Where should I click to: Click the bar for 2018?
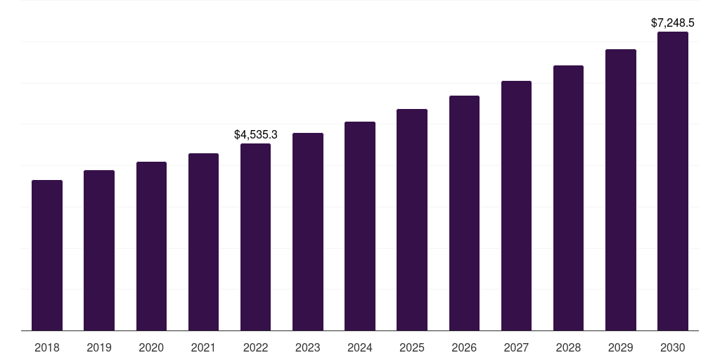pyautogui.click(x=47, y=255)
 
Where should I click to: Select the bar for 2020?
pyautogui.click(x=151, y=246)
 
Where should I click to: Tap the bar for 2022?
pyautogui.click(x=255, y=237)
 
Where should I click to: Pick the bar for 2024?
pyautogui.click(x=360, y=226)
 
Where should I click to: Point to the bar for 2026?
pyautogui.click(x=464, y=213)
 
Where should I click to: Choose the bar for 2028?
pyautogui.click(x=568, y=198)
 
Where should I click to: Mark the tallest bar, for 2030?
pyautogui.click(x=673, y=181)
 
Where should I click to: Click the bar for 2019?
pyautogui.click(x=99, y=250)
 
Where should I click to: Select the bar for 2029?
pyautogui.click(x=621, y=190)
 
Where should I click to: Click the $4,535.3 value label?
pyautogui.click(x=256, y=134)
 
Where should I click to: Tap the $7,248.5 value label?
pyautogui.click(x=673, y=23)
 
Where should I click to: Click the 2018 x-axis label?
pyautogui.click(x=47, y=347)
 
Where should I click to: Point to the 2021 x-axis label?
pyautogui.click(x=203, y=347)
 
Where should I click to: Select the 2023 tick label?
pyautogui.click(x=308, y=347)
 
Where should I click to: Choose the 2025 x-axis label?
pyautogui.click(x=412, y=347)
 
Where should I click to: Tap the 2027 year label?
pyautogui.click(x=516, y=347)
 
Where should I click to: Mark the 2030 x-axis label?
pyautogui.click(x=673, y=347)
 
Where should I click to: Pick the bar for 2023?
pyautogui.click(x=308, y=231)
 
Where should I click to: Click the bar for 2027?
pyautogui.click(x=516, y=205)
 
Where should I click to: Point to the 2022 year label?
pyautogui.click(x=255, y=347)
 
